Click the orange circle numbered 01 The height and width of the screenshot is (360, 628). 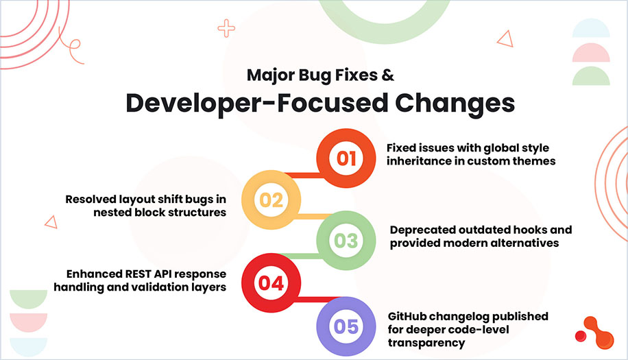(x=346, y=159)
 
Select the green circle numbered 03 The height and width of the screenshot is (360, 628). (x=346, y=241)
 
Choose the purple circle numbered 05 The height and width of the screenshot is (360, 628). (x=346, y=325)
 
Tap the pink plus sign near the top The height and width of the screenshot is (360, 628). (x=226, y=28)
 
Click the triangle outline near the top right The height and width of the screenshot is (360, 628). (x=505, y=39)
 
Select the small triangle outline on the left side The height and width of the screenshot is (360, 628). (x=50, y=221)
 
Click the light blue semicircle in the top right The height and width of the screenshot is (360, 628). (x=591, y=28)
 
